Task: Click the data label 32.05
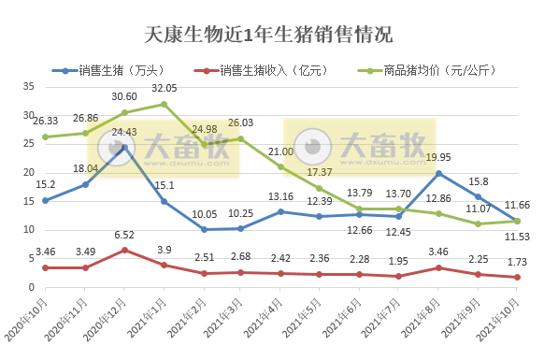click(164, 89)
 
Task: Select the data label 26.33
click(44, 122)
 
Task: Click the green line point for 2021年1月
click(164, 104)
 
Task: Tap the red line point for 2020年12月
click(124, 251)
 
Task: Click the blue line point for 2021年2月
click(204, 229)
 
